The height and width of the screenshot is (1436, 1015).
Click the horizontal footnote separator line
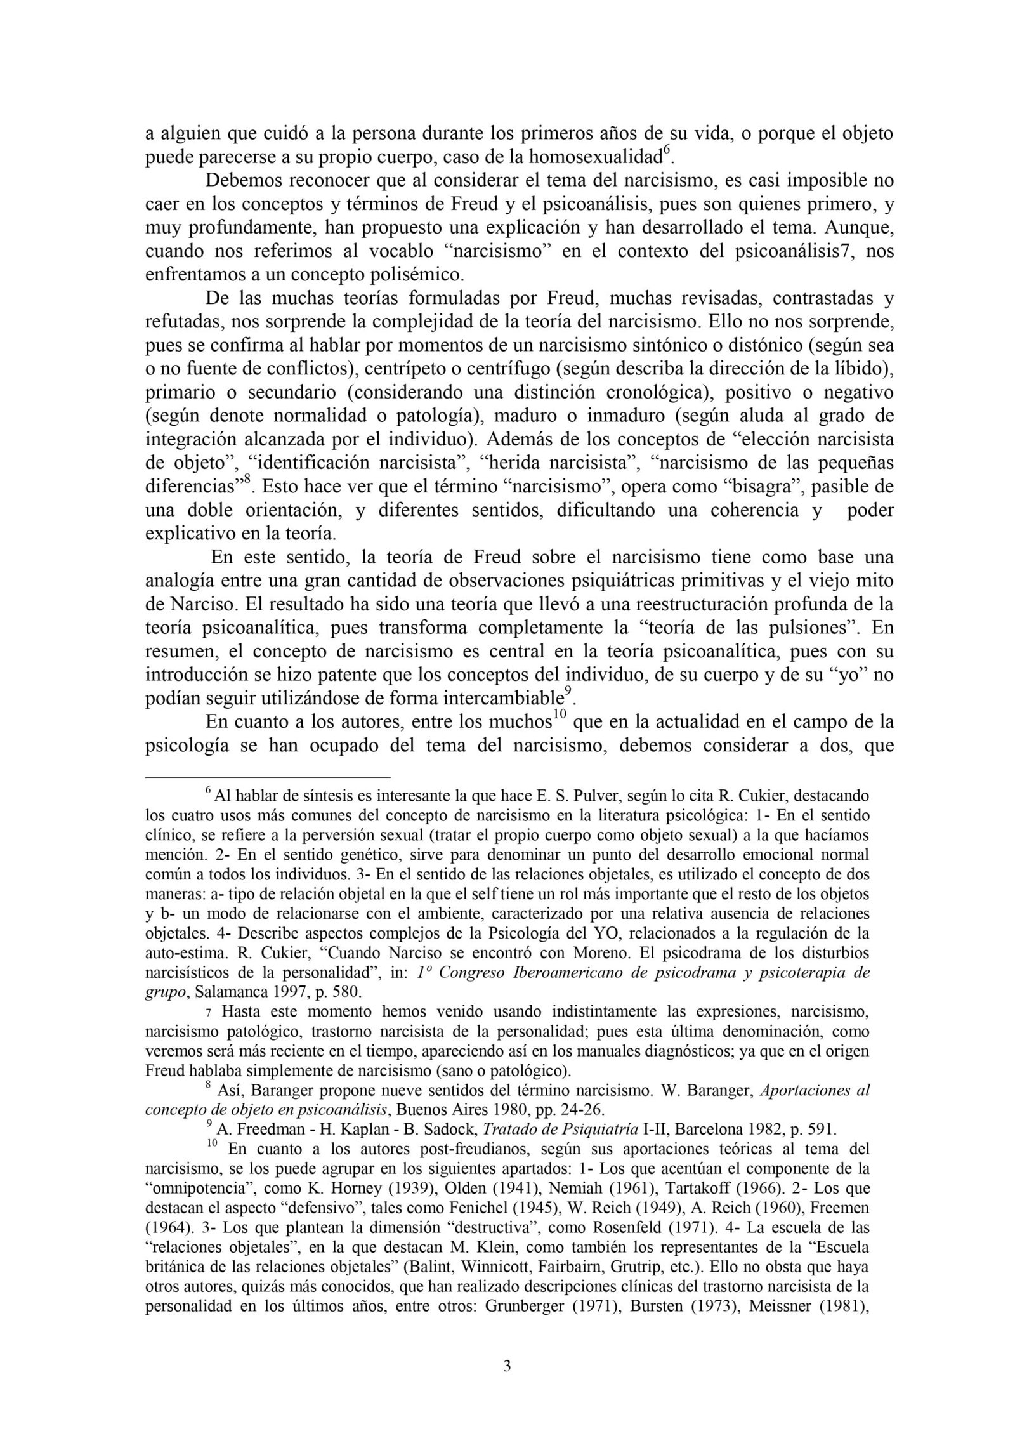(x=268, y=776)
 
